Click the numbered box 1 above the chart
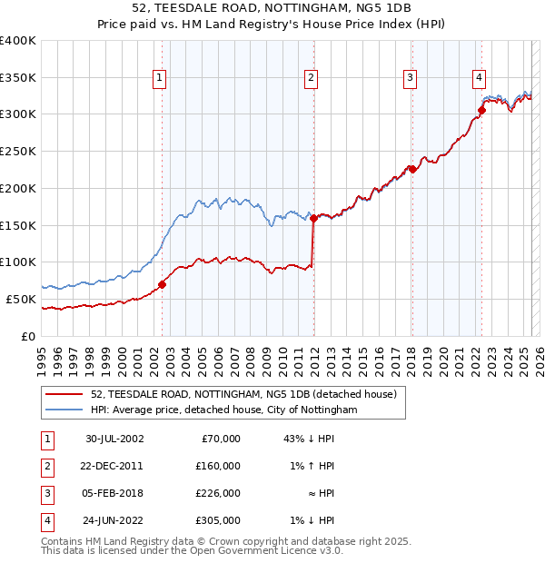(160, 78)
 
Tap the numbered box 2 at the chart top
(311, 78)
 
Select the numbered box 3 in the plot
(411, 78)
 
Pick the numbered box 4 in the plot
(479, 78)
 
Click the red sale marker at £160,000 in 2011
(313, 218)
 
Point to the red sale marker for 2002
(163, 284)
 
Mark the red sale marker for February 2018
(412, 169)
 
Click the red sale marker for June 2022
(481, 111)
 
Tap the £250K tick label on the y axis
(17, 151)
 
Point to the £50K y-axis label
(21, 299)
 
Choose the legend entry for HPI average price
(224, 410)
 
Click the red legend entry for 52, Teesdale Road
(243, 395)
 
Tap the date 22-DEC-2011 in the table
(114, 466)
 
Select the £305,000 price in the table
(219, 520)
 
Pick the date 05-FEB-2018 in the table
(114, 493)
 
